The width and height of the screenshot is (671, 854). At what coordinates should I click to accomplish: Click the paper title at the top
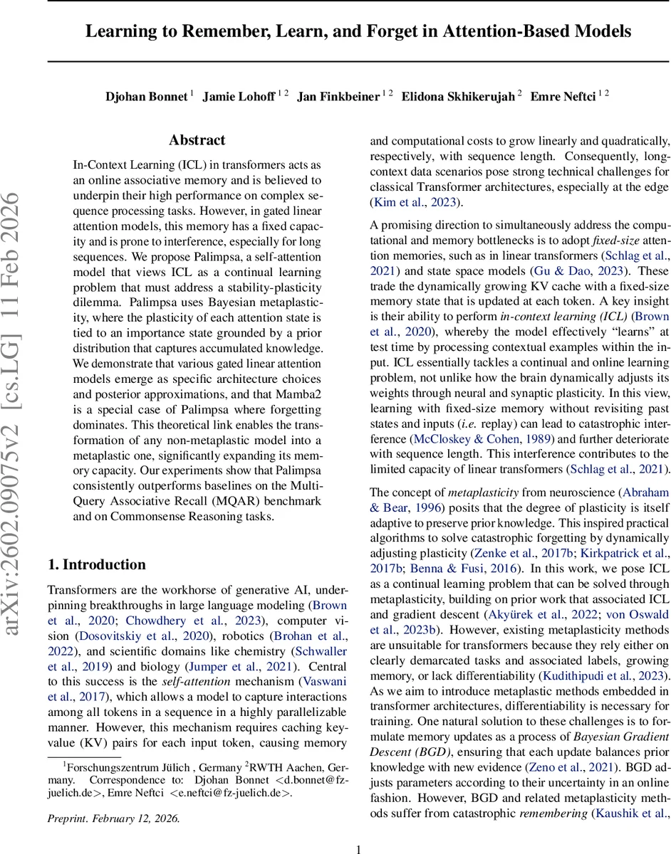(x=358, y=31)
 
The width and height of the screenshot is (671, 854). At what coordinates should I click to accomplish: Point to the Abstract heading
(x=197, y=140)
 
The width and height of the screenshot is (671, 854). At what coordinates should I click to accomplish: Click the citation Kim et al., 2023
(x=411, y=203)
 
